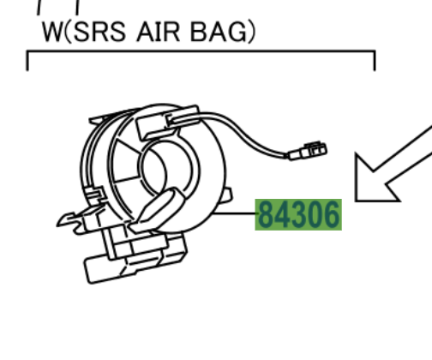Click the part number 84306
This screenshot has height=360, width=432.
pos(298,214)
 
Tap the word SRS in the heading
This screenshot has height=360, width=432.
pos(99,32)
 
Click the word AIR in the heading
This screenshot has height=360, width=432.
pos(159,32)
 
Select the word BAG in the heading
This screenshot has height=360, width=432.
pos(219,32)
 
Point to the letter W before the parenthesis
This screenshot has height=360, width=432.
pos(52,32)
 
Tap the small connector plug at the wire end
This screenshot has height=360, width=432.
pos(308,151)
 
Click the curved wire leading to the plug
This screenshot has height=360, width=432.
pos(243,130)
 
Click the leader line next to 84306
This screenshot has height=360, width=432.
pos(235,213)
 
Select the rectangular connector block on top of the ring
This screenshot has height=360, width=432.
pos(168,122)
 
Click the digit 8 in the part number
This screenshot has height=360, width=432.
pos(266,214)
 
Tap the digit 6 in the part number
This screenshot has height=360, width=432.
pos(332,214)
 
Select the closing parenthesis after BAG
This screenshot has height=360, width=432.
pos(251,33)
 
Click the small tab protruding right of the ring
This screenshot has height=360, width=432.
pos(226,195)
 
